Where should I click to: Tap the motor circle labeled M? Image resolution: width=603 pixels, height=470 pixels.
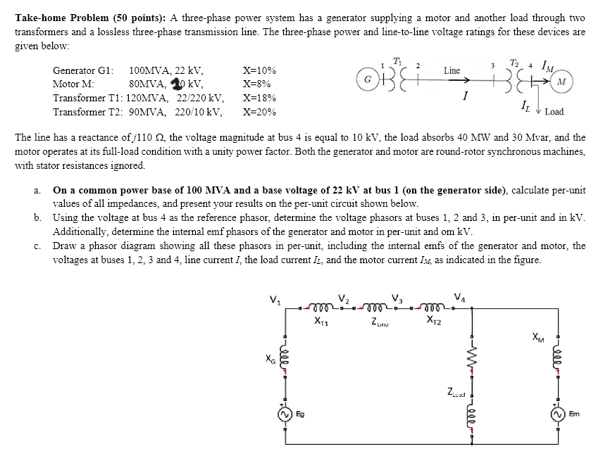(561, 80)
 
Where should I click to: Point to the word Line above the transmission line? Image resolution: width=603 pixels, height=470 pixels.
(452, 70)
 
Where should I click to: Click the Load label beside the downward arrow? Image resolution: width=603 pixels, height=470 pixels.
(554, 111)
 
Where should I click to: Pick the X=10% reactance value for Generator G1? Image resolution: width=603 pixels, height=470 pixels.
(259, 71)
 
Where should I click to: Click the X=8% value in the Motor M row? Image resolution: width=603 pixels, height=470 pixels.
(257, 84)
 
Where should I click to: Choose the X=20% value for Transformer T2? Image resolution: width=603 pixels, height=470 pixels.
(259, 112)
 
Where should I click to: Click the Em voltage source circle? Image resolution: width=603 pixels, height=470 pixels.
(559, 414)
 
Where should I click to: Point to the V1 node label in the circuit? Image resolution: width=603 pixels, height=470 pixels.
(277, 299)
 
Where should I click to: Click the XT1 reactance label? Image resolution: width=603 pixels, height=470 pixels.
(320, 322)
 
